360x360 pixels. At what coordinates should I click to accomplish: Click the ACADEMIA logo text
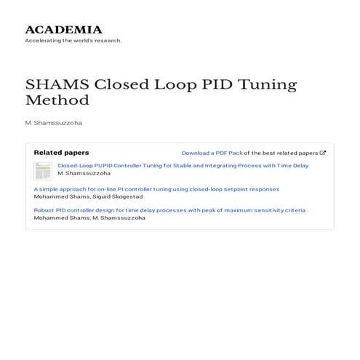coord(63,30)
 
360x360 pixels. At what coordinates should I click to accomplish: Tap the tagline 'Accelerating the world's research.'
coord(73,41)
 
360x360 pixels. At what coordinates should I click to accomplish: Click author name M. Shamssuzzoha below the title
coord(53,123)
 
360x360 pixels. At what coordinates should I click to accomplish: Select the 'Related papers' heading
coord(61,153)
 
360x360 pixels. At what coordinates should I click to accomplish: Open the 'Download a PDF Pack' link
coord(212,153)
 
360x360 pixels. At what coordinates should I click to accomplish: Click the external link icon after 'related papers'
coord(323,153)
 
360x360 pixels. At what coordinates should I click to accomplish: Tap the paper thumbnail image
coord(43,171)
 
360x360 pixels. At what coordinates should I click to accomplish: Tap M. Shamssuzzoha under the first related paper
coord(84,174)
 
